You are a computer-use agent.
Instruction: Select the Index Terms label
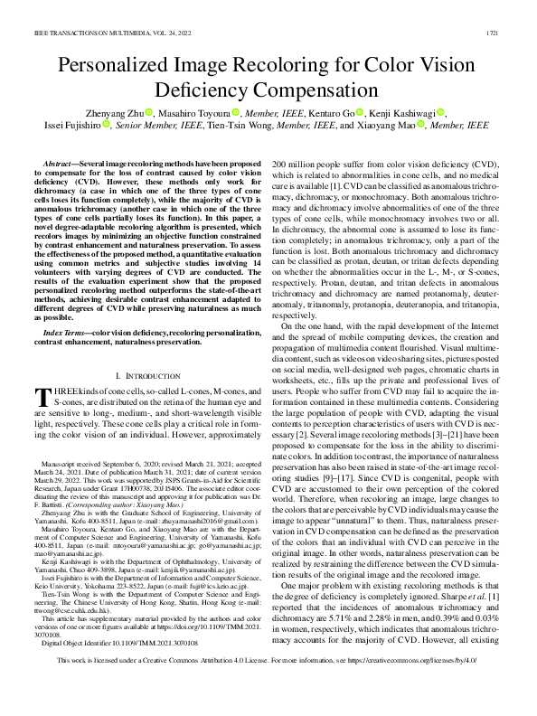[x=71, y=308]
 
